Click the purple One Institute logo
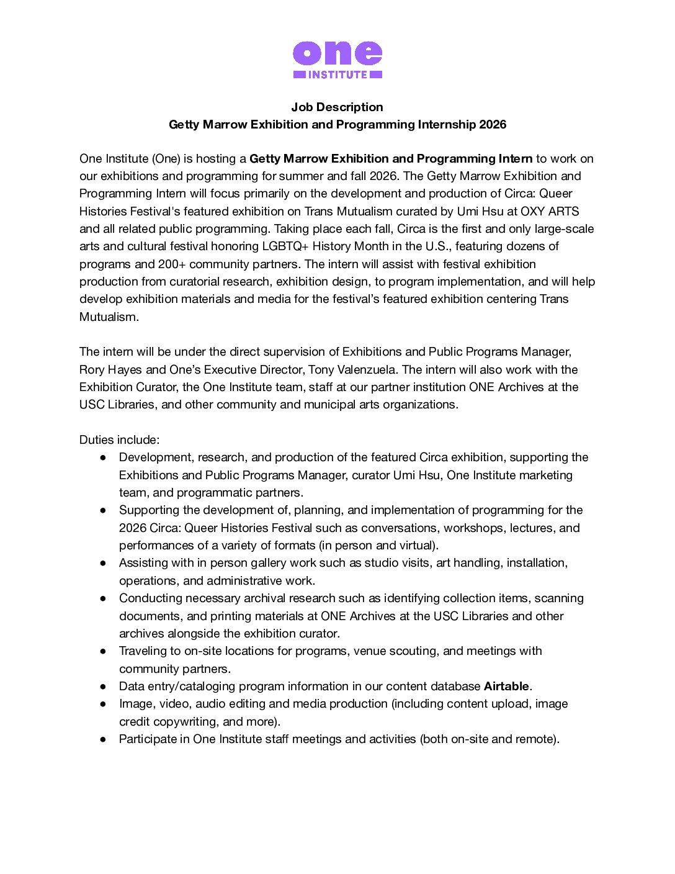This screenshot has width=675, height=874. coord(337,60)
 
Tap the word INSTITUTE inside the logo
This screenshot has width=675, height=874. coord(337,74)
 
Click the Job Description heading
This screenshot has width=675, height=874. coord(337,107)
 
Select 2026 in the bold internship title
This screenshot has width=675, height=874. coord(493,124)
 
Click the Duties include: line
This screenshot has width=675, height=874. coord(119,439)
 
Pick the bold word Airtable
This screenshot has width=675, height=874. coord(506,686)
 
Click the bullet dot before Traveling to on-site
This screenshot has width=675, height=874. coord(103,651)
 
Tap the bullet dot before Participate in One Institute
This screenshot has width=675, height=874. coord(103,739)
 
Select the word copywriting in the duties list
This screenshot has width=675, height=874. coord(185,721)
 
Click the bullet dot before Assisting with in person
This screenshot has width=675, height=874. coord(103,563)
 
